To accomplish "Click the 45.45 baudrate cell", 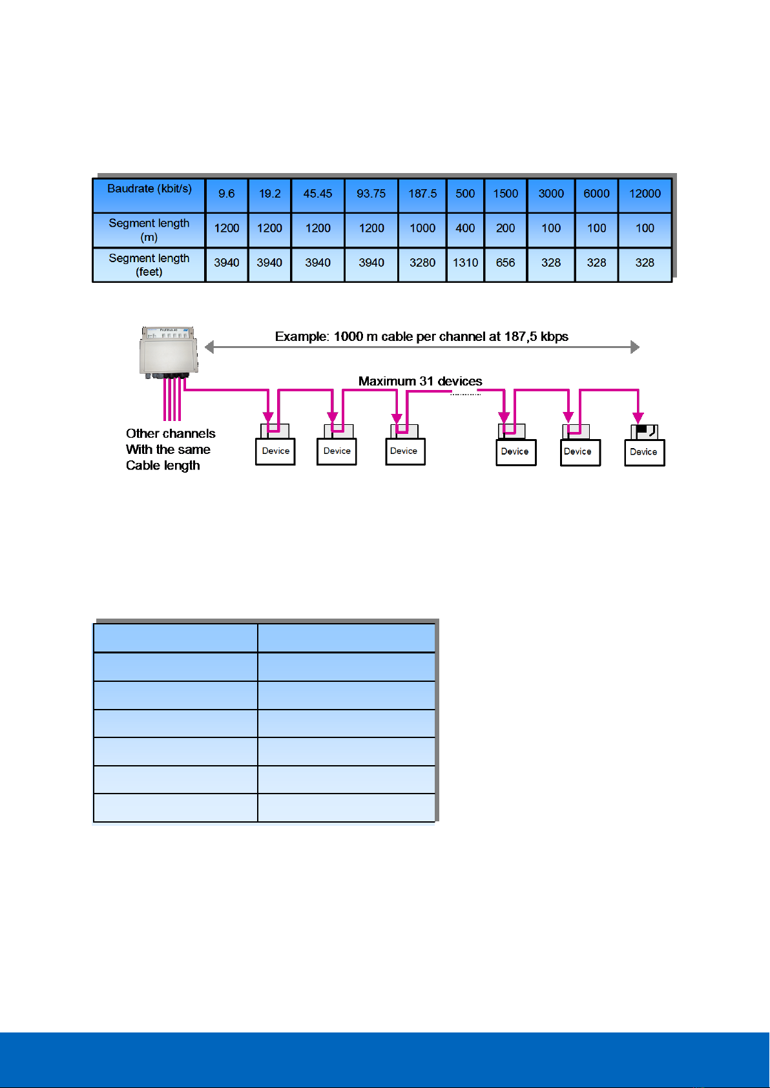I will coord(318,194).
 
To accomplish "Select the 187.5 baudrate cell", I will coord(422,194).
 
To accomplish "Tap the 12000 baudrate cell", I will coord(645,194).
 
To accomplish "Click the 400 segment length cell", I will coord(465,229).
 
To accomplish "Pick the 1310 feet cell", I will coord(465,263).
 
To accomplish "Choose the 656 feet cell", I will coord(505,263).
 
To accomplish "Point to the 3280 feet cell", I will coord(422,263).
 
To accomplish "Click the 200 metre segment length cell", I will coord(505,229).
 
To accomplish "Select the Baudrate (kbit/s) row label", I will coord(149,189).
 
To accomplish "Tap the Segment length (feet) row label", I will coord(149,265).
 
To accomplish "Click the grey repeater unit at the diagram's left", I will coord(169,352).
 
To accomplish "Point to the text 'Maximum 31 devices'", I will coord(420,382).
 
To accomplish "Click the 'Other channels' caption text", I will coord(171,434).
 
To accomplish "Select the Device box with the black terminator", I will coord(644,451).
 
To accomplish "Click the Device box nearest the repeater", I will coord(276,451).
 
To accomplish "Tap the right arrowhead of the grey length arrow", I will coord(635,347).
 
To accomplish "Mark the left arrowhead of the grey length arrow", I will coord(209,347).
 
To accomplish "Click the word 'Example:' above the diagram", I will coord(302,336).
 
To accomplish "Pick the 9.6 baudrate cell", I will coord(227,194).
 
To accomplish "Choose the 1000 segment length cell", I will coord(422,229).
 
